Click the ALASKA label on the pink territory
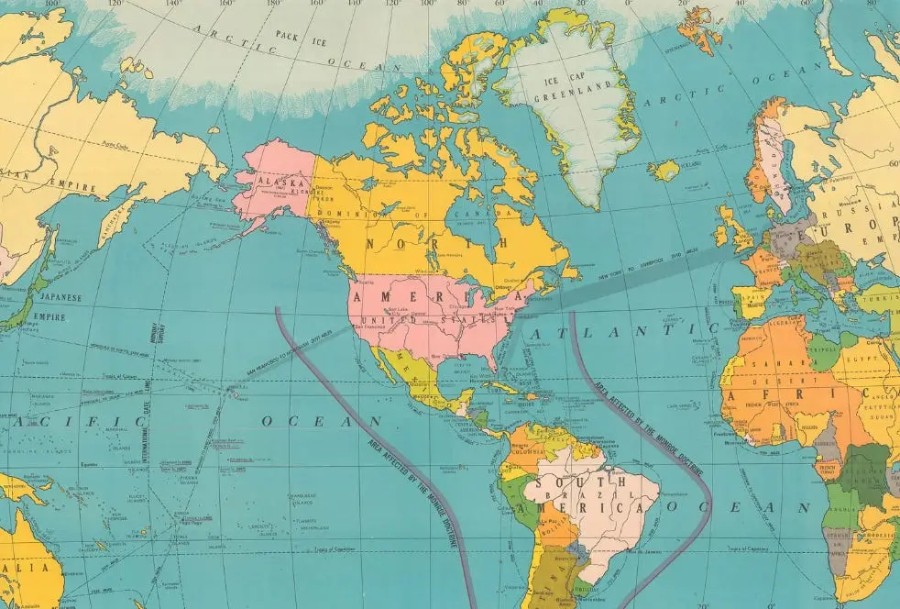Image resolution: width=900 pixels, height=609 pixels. (x=284, y=183)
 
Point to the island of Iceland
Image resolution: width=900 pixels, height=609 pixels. (x=665, y=170)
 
